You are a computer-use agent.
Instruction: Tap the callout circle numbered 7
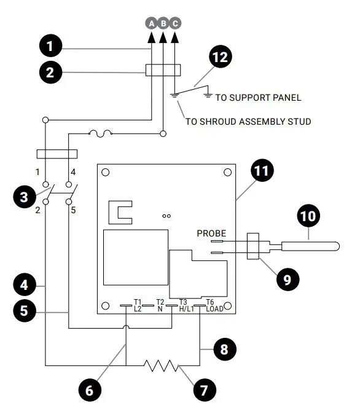pyautogui.click(x=203, y=389)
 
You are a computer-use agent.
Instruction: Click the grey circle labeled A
pyautogui.click(x=151, y=23)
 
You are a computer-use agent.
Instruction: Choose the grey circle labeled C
pyautogui.click(x=175, y=23)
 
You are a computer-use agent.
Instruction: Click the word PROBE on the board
pyautogui.click(x=211, y=233)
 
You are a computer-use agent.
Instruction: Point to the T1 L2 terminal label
pyautogui.click(x=138, y=305)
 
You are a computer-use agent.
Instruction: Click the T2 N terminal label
pyautogui.click(x=160, y=305)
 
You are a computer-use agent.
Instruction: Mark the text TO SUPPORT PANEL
pyautogui.click(x=259, y=98)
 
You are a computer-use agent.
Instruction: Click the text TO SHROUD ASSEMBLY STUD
pyautogui.click(x=248, y=122)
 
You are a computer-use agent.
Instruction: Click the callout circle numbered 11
pyautogui.click(x=263, y=171)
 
